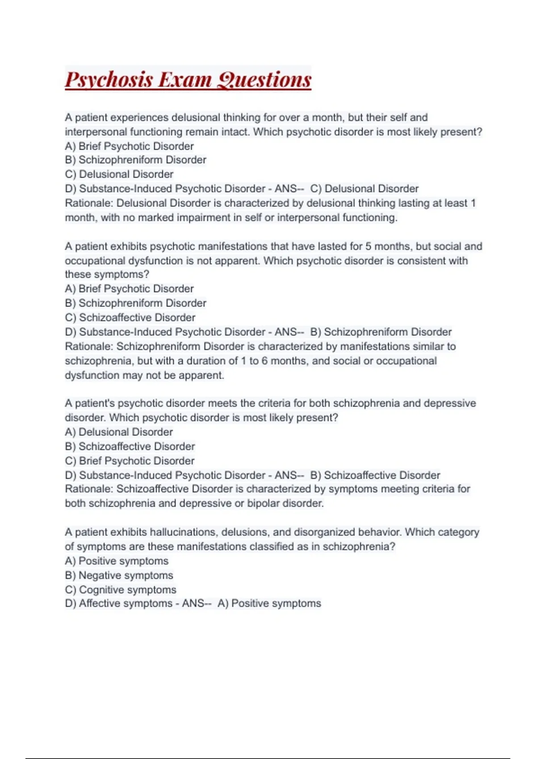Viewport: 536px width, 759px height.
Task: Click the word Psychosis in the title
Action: coord(109,80)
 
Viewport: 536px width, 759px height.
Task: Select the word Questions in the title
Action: coord(264,80)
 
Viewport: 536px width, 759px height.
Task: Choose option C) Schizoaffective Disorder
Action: coord(130,317)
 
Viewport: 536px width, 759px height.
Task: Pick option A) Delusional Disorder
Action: coord(119,432)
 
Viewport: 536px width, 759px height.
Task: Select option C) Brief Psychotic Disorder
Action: coord(130,461)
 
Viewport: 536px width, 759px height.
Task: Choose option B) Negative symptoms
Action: coord(119,576)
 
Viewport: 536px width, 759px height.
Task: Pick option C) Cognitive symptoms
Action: coord(121,590)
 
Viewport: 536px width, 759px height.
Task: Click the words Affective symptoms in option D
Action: coord(126,604)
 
